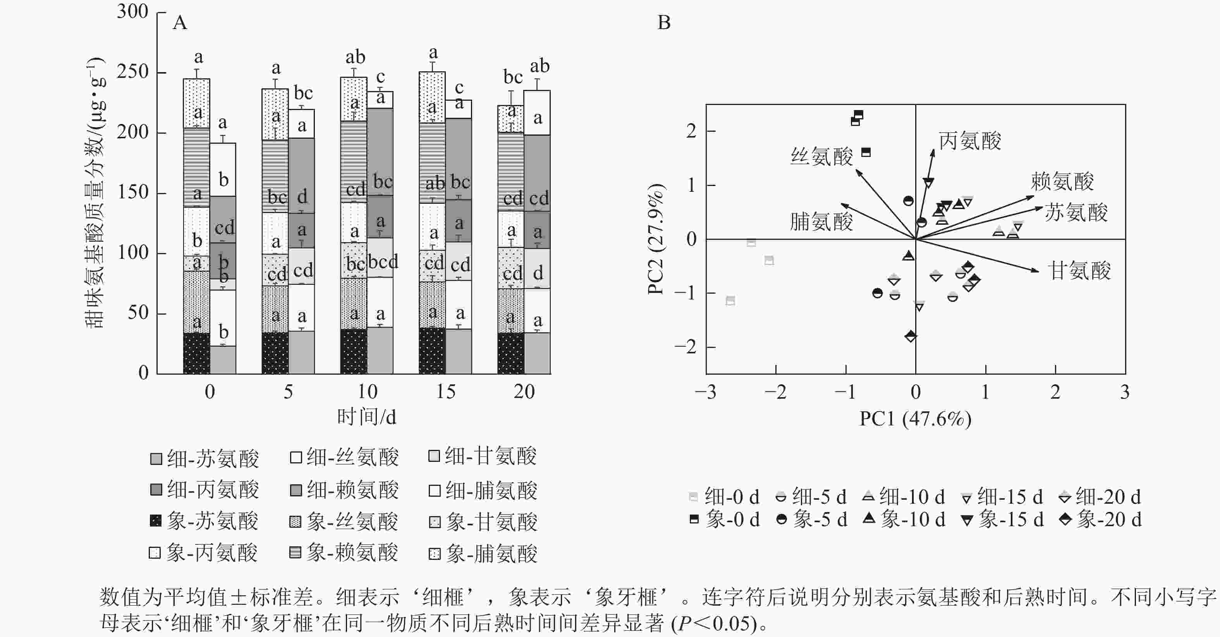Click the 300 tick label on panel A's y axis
[x=132, y=11]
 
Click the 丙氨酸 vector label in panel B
[x=970, y=141]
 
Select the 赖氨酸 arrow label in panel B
[x=1062, y=181]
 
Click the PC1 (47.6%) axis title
[x=915, y=419]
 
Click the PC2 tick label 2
[x=691, y=131]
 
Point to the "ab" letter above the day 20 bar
[x=540, y=66]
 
